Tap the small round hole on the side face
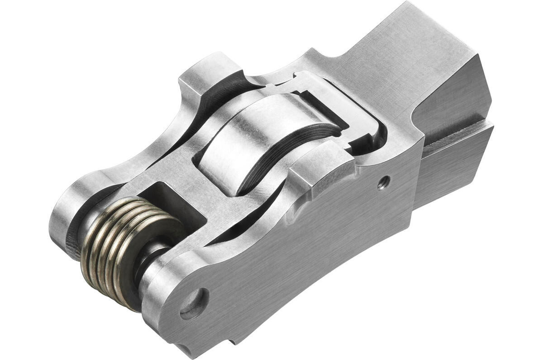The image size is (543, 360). (384, 182)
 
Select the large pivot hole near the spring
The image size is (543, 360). (195, 303)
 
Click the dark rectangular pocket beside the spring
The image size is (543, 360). (172, 199)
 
